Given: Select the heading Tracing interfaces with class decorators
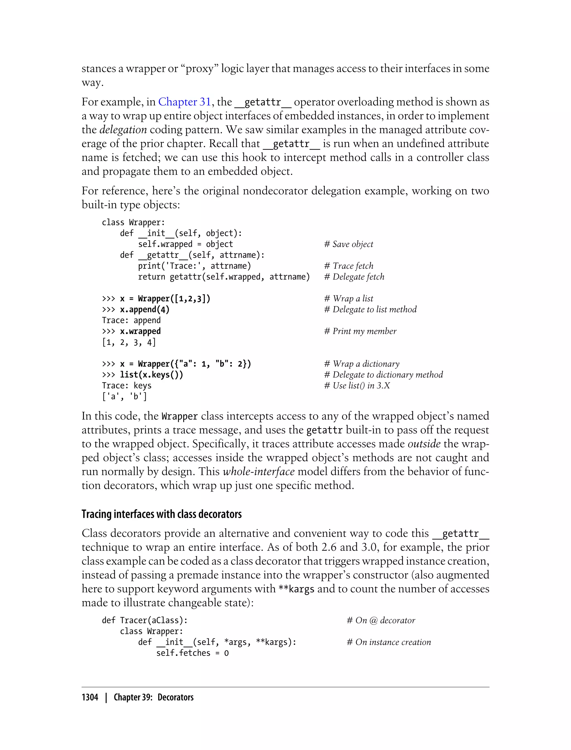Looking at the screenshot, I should (x=161, y=514).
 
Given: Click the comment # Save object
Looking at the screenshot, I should (x=349, y=244).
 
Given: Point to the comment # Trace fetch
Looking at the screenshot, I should (x=349, y=266).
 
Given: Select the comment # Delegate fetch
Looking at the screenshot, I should (x=354, y=277).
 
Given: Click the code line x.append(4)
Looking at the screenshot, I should (x=144, y=309).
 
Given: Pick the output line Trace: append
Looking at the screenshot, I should (x=131, y=320).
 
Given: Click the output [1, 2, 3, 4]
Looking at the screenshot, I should (x=129, y=342).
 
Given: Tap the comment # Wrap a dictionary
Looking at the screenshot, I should (x=362, y=364).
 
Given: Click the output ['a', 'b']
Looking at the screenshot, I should (x=124, y=396).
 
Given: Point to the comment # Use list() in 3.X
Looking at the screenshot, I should (x=357, y=386).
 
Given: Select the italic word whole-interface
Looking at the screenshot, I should (x=259, y=472).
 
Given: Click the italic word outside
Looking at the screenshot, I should (x=424, y=444).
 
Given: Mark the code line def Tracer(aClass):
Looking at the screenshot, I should (x=145, y=621).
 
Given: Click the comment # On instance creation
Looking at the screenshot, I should (x=388, y=642).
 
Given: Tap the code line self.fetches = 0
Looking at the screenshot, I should (x=192, y=653).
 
